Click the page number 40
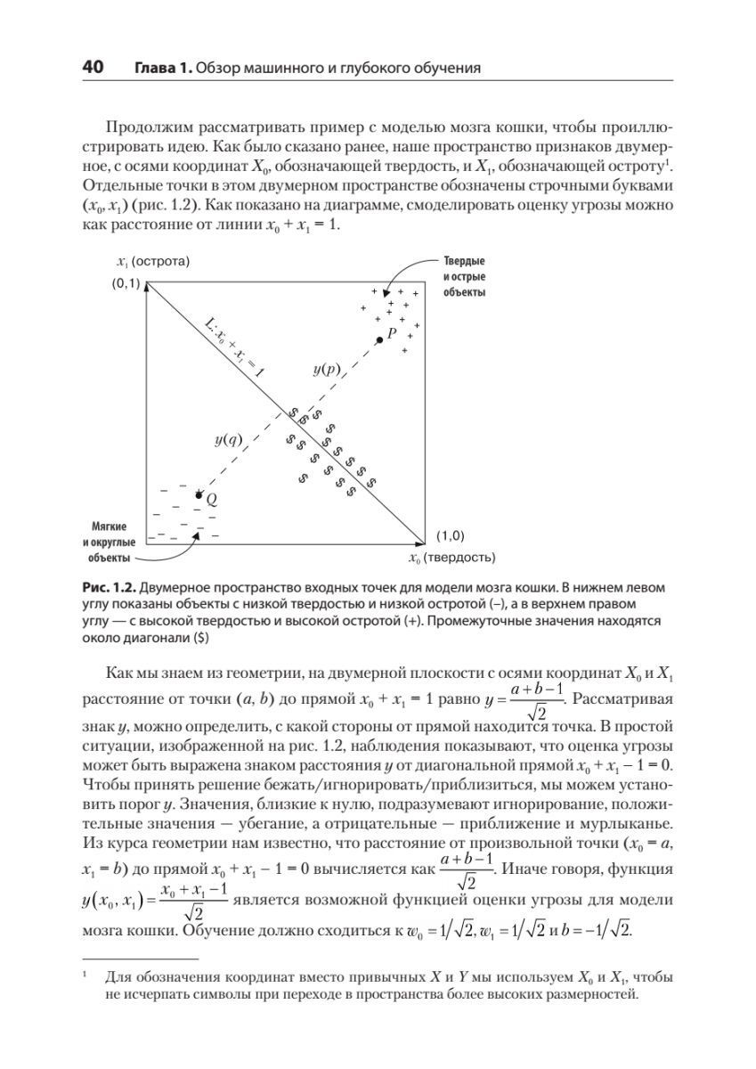tap(93, 68)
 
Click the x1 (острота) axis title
tap(154, 261)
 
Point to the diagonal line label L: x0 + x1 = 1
tap(233, 348)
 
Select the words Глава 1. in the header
tap(163, 69)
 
